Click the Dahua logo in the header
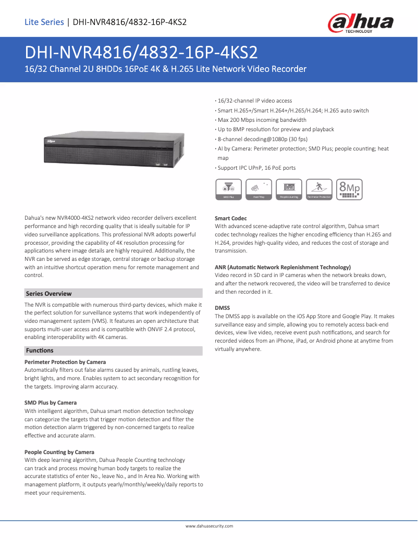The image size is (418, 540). [x=360, y=22]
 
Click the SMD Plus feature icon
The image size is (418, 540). [x=228, y=189]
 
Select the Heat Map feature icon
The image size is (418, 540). [x=259, y=189]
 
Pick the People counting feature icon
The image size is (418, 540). [x=289, y=189]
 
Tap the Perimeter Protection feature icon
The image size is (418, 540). [x=319, y=189]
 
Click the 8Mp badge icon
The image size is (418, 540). [x=349, y=189]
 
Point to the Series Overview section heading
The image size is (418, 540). [x=49, y=294]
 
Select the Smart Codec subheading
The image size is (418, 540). [x=231, y=218]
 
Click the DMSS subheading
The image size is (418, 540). [x=223, y=308]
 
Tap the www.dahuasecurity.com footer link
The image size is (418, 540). [x=209, y=526]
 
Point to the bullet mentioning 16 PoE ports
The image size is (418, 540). [x=256, y=168]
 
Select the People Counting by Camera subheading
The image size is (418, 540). [x=59, y=452]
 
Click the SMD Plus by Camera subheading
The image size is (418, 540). [x=51, y=403]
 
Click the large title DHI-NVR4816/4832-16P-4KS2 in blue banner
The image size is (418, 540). [x=141, y=53]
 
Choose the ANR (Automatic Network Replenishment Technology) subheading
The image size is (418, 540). [x=282, y=267]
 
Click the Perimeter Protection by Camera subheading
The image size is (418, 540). [x=65, y=362]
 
